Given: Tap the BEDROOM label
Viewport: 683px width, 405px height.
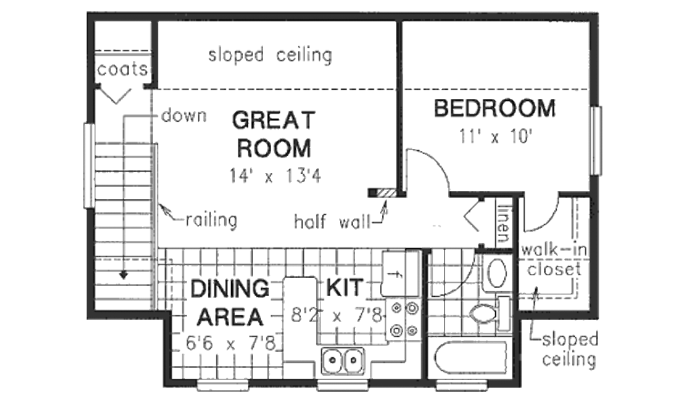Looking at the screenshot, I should click(494, 108).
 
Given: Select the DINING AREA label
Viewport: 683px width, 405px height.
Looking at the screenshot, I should click(229, 303).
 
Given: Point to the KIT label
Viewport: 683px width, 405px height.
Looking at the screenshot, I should click(345, 288).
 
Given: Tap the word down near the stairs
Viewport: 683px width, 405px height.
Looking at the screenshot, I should click(183, 116).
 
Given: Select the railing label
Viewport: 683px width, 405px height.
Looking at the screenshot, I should click(211, 219).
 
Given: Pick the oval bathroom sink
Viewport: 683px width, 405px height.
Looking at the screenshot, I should click(496, 272).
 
